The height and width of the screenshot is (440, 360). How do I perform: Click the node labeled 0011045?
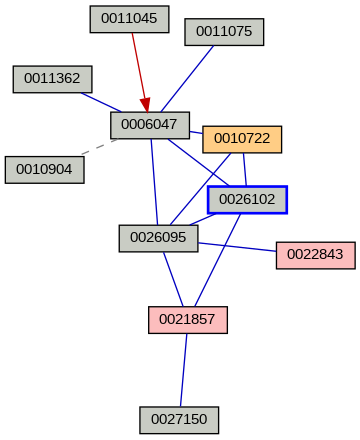pos(129,19)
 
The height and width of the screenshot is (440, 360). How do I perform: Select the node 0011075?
pos(224,32)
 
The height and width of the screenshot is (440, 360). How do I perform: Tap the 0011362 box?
pos(53,79)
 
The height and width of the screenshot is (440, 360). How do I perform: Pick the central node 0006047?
pos(150,125)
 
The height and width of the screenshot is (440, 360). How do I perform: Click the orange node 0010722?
pos(242,139)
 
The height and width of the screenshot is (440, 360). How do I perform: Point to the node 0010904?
pos(44,169)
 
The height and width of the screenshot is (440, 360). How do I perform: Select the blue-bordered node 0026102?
pos(247,200)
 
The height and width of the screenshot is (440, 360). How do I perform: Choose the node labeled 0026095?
pos(158,238)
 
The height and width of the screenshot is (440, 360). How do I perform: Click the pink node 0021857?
pos(188,320)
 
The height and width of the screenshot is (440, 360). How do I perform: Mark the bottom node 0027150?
pos(179,419)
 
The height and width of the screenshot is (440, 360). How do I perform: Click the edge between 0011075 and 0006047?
pos(191,79)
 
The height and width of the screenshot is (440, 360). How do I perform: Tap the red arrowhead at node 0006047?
pos(145,104)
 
